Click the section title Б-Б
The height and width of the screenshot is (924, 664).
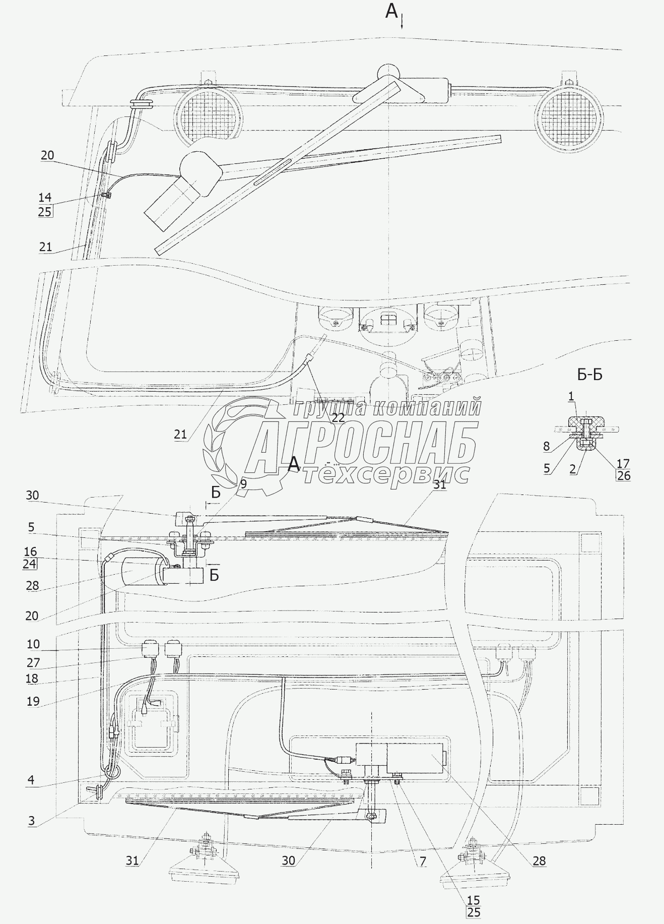tap(590, 375)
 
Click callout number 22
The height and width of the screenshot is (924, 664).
tap(338, 417)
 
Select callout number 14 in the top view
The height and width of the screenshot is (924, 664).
tap(45, 197)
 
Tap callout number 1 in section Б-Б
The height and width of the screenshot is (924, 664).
tap(571, 397)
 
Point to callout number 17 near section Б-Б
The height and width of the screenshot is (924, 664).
tap(623, 463)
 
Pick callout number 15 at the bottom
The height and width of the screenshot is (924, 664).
tap(474, 900)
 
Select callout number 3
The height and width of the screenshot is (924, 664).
tap(31, 820)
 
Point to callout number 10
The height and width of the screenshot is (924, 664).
tap(33, 644)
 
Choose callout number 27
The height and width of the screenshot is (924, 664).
tap(33, 662)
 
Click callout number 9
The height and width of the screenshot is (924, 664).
tap(243, 484)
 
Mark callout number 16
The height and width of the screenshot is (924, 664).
tap(30, 551)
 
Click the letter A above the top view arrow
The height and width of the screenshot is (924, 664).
tap(391, 10)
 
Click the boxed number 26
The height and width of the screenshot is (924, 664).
tap(624, 475)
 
